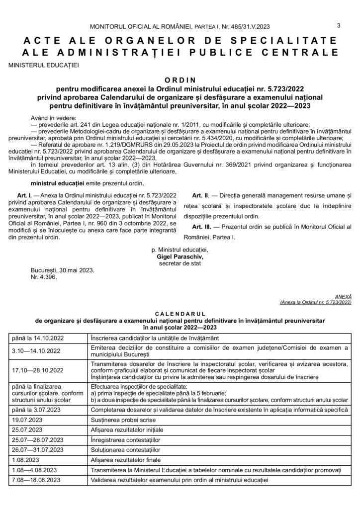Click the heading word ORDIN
(180, 79)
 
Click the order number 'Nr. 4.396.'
(44, 278)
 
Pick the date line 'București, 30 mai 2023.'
(62, 271)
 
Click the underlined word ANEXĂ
(343, 295)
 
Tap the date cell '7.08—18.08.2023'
(35, 481)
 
